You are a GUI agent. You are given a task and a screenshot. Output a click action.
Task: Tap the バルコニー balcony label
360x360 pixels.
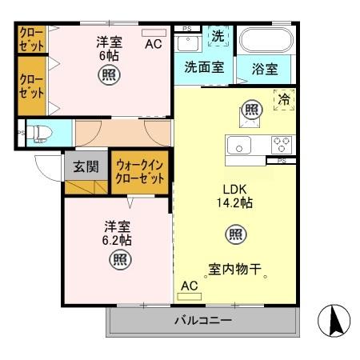(203, 321)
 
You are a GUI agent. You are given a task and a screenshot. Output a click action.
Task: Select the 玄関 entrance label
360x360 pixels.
(86, 167)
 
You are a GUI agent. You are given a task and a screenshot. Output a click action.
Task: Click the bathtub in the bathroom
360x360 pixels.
(266, 42)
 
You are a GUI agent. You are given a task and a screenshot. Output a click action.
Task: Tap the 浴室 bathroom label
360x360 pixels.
(264, 70)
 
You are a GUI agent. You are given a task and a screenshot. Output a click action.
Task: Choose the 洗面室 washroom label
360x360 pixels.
(204, 67)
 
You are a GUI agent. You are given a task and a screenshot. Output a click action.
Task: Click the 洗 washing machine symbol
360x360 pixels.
(217, 36)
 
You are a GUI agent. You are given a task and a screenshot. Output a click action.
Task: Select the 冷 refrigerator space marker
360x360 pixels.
(284, 100)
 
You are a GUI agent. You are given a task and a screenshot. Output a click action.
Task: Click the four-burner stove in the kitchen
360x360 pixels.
(282, 145)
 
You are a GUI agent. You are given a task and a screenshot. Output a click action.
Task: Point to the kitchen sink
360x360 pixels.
(239, 145)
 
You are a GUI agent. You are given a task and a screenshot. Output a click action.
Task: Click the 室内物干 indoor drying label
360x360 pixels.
(238, 270)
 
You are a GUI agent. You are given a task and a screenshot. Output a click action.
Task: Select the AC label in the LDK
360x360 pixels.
(190, 286)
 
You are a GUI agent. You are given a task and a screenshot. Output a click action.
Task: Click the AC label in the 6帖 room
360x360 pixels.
(153, 44)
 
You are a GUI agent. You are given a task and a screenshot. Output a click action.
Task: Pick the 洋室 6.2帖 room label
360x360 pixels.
(118, 233)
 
